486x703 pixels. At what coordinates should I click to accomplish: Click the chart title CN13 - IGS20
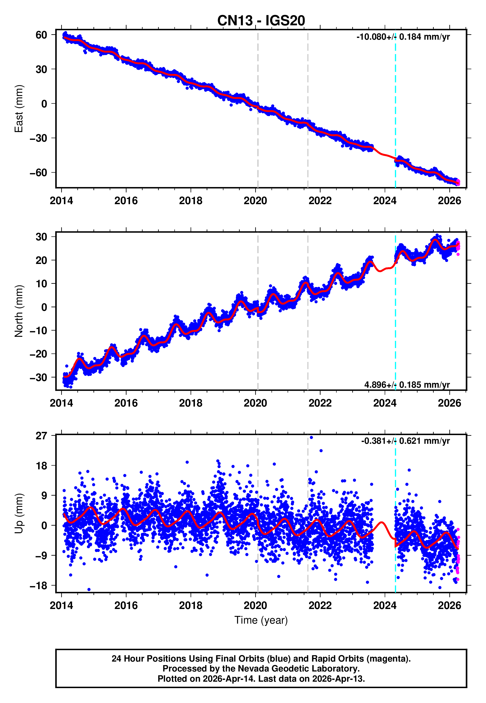point(261,21)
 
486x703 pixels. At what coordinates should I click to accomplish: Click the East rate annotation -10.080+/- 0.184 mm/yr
point(403,37)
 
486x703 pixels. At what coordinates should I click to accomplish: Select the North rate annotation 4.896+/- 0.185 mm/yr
point(407,385)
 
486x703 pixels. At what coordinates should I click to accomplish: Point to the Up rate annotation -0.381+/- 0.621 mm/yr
point(405,441)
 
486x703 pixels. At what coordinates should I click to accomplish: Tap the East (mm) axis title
point(19,109)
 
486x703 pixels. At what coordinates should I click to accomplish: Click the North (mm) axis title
point(19,311)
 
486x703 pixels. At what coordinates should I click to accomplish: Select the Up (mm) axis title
point(19,513)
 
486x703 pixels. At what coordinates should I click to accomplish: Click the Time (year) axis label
point(261,620)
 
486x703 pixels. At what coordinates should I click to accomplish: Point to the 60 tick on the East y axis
point(41,35)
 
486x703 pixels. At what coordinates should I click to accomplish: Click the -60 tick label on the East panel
point(38,173)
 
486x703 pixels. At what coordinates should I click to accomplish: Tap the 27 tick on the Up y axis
point(41,436)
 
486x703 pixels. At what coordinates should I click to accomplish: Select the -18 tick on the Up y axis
point(38,586)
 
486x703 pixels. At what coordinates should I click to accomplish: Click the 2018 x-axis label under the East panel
point(191,201)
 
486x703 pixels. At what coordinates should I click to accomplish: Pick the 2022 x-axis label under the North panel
point(320,403)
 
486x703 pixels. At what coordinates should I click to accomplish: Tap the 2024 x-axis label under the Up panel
point(385,606)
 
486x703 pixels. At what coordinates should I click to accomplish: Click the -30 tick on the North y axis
point(38,377)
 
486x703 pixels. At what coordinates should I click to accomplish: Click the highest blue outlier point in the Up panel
point(311,438)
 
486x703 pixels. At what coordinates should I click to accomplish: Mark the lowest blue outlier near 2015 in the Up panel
point(89,590)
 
